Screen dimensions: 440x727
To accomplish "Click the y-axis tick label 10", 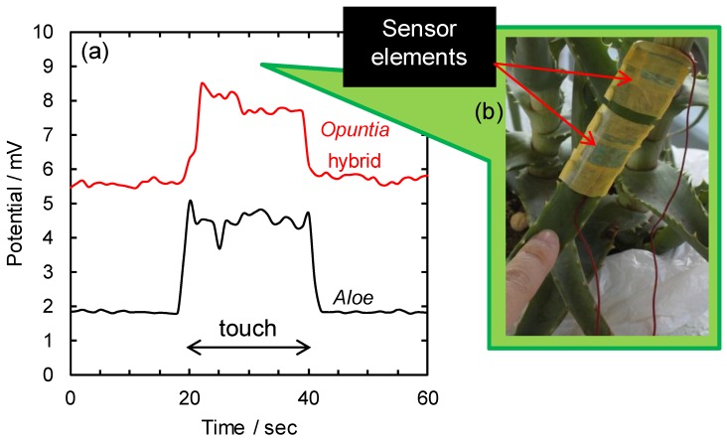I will (x=44, y=32).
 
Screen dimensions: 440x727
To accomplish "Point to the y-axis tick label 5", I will (x=49, y=204).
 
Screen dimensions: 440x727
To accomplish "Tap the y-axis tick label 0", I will (x=49, y=376).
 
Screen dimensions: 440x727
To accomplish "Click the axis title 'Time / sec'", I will (x=249, y=426).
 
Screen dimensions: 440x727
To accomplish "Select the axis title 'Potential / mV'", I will (x=15, y=204).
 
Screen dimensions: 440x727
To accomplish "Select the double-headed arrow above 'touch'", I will (x=249, y=347).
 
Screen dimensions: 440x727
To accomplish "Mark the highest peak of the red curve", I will (x=202, y=83).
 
